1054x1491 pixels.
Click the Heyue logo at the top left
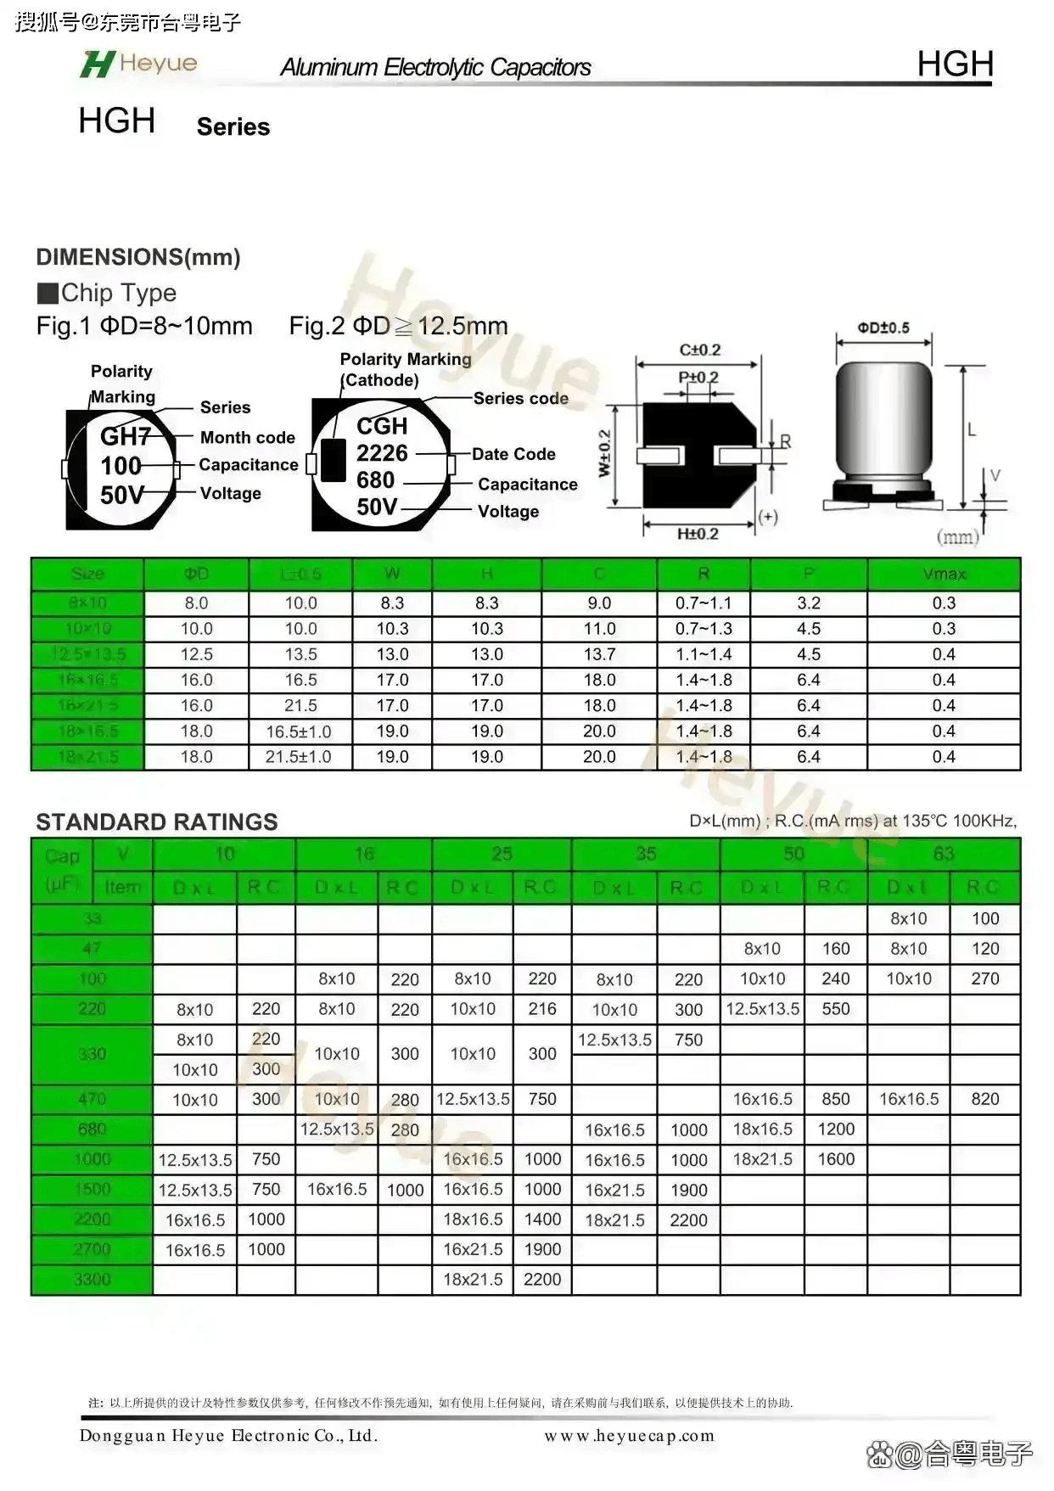[x=138, y=64]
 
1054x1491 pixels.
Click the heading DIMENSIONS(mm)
[x=138, y=257]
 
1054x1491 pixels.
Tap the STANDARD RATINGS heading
[x=157, y=821]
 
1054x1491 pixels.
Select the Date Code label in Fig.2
[x=513, y=454]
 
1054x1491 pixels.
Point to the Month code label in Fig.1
[x=248, y=438]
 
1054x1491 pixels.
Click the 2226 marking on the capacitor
[x=382, y=453]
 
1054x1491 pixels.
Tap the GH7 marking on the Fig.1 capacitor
[x=126, y=436]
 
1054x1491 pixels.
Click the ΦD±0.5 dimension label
[x=883, y=328]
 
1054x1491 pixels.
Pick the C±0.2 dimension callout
[x=700, y=350]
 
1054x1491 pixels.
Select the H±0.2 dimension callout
[x=698, y=534]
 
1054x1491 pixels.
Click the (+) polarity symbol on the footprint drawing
[x=768, y=516]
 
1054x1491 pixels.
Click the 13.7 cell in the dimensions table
[x=599, y=654]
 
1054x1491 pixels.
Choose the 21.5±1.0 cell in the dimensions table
[x=299, y=757]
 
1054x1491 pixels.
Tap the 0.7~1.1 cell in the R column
[x=704, y=603]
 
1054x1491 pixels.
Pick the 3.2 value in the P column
[x=809, y=603]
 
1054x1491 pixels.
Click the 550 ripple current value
[x=836, y=1009]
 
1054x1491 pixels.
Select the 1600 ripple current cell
[x=836, y=1159]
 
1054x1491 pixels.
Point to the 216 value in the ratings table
[x=542, y=1009]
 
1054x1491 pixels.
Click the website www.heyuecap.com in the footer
[x=629, y=1436]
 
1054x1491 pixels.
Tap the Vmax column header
[x=944, y=575]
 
